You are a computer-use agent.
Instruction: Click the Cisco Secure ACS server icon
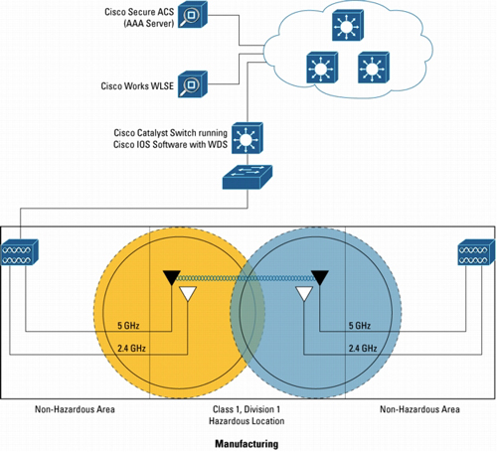(x=193, y=15)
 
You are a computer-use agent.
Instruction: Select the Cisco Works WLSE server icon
(x=193, y=84)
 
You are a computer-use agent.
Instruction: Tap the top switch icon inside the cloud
(x=348, y=25)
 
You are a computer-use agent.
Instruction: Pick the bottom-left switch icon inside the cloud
(x=322, y=68)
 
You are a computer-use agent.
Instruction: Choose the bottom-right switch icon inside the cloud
(x=374, y=68)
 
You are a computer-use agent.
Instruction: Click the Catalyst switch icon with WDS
(x=248, y=138)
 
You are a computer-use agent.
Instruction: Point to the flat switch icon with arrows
(x=248, y=177)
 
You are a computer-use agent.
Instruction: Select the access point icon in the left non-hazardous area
(x=20, y=252)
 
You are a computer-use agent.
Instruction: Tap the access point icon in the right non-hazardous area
(x=476, y=252)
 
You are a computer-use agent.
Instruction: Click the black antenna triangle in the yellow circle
(x=172, y=277)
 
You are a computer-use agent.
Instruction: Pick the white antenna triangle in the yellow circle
(x=188, y=293)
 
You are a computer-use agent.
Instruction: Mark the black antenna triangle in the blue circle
(x=320, y=277)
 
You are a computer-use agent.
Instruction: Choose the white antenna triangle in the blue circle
(x=304, y=293)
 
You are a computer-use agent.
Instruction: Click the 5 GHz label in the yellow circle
(x=128, y=326)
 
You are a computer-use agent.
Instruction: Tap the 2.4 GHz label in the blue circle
(x=363, y=349)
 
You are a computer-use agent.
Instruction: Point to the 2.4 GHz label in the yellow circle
(x=131, y=349)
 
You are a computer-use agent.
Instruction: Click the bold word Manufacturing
(x=247, y=444)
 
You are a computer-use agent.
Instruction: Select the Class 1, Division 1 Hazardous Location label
(x=247, y=415)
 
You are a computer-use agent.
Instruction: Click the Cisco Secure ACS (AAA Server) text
(x=139, y=18)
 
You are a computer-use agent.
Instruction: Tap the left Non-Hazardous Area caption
(x=75, y=409)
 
